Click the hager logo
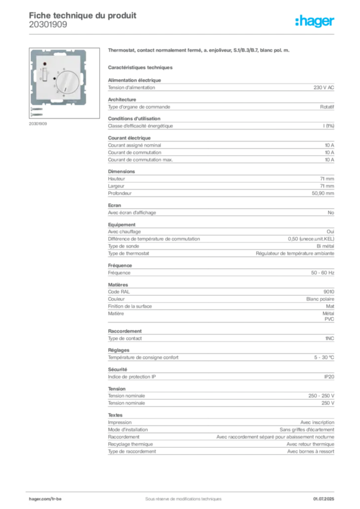[x=315, y=21]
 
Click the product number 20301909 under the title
[x=48, y=25]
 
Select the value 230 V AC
[x=324, y=87]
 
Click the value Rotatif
[x=327, y=107]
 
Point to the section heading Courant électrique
[x=129, y=138]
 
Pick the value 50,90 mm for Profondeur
[x=323, y=193]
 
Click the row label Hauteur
[x=116, y=179]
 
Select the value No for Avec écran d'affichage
[x=331, y=213]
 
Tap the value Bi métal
[x=325, y=246]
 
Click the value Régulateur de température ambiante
[x=295, y=253]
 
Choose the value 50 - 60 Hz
[x=323, y=273]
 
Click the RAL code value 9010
[x=329, y=292]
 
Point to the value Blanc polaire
[x=320, y=299]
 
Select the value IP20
[x=329, y=377]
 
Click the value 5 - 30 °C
[x=324, y=357]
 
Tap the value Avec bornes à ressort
[x=311, y=451]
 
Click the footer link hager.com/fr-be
[x=45, y=499]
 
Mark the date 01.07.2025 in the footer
[x=324, y=499]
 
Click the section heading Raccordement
[x=125, y=331]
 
